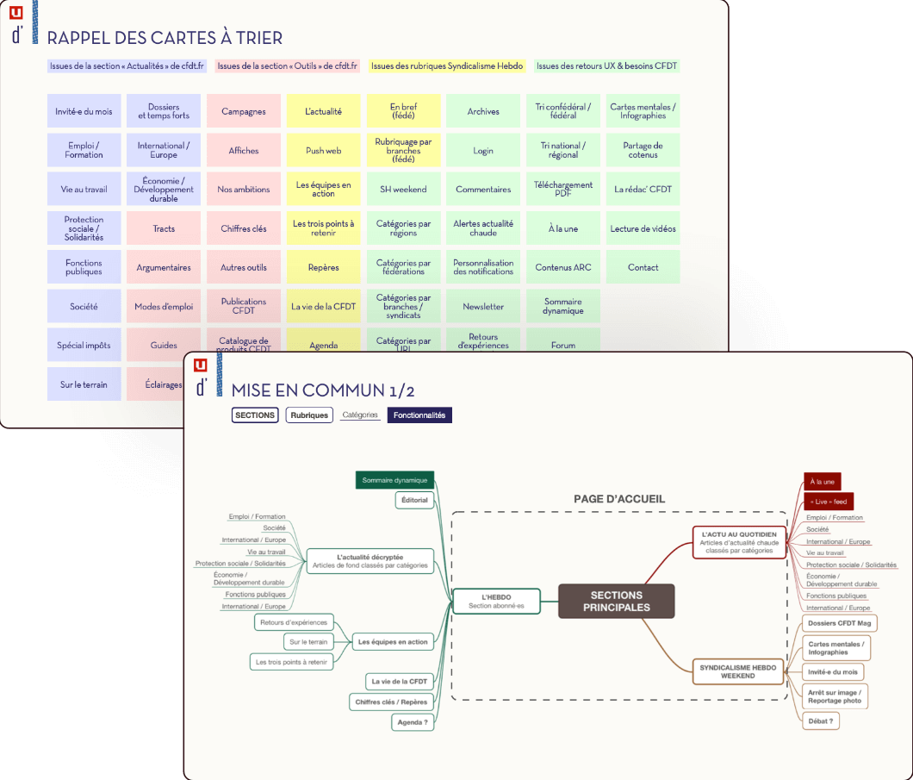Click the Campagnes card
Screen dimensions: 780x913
244,111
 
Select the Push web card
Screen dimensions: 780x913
323,150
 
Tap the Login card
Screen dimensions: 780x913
483,150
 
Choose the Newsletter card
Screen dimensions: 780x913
483,306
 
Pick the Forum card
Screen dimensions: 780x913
563,345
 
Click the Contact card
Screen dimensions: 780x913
643,267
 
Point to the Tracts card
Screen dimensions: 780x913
164,228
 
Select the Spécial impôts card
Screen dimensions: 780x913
84,345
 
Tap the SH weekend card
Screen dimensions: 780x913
403,189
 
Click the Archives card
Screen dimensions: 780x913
483,111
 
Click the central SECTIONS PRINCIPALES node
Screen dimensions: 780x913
616,601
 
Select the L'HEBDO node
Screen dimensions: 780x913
496,601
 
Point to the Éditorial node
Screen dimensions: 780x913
414,500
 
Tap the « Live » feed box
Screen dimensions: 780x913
829,502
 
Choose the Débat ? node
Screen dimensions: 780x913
821,720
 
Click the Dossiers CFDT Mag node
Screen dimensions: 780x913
839,623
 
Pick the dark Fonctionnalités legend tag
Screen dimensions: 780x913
419,415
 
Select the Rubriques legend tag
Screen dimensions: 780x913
309,415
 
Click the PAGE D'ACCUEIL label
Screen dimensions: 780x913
619,499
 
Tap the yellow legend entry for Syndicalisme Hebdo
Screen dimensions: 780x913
447,66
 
